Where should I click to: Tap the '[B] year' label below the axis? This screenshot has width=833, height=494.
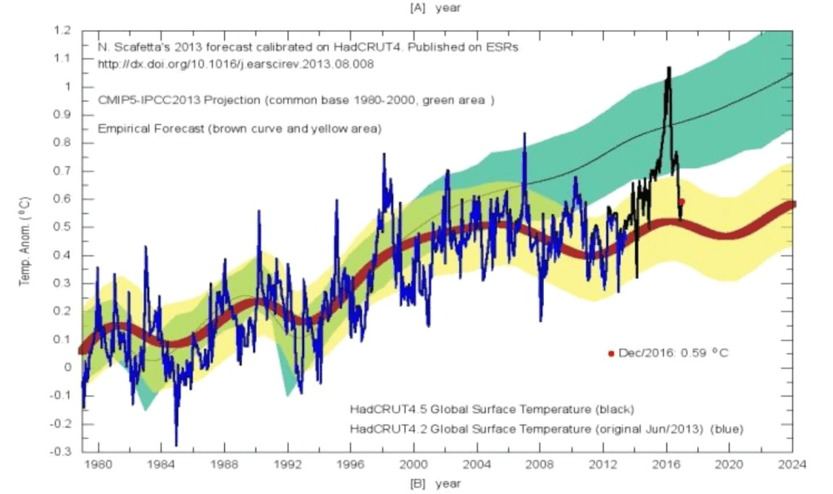(434, 482)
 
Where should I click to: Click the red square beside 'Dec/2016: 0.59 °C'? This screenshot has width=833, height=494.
(611, 353)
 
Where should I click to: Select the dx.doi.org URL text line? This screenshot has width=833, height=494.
(207, 62)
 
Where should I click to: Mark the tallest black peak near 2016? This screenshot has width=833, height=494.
(668, 69)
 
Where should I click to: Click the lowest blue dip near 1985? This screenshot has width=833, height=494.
(176, 444)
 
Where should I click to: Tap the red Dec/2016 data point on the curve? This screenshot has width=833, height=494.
(681, 202)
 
